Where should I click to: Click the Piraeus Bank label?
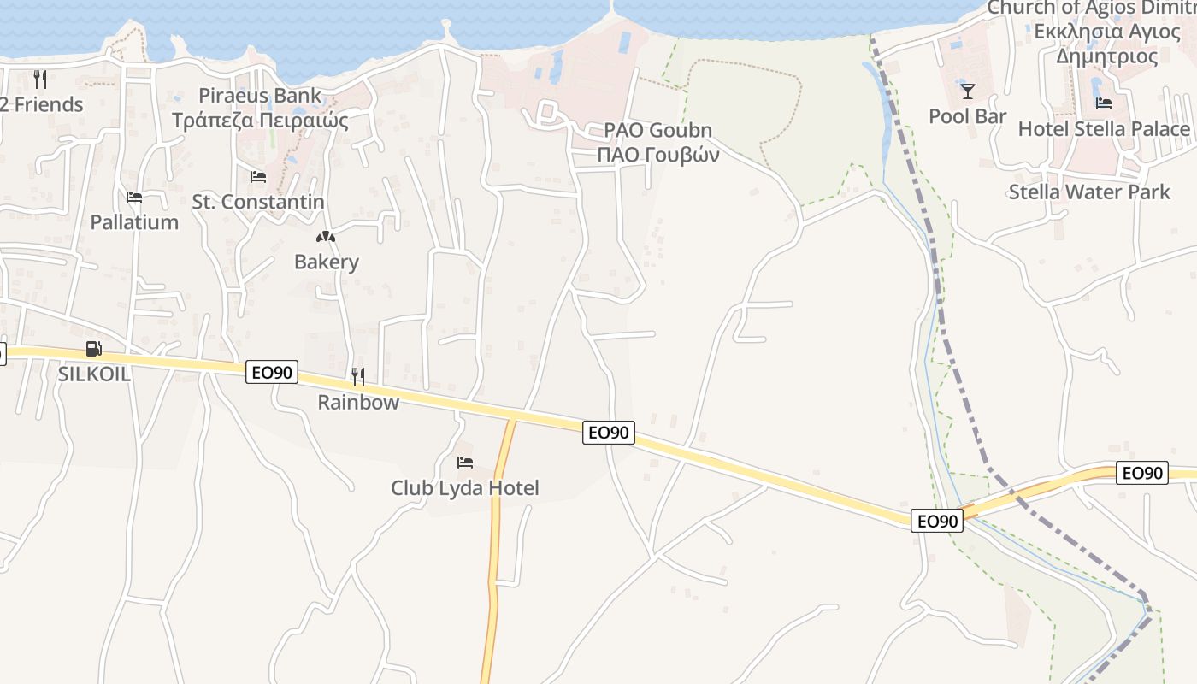tap(260, 95)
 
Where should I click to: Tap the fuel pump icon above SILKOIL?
tap(93, 349)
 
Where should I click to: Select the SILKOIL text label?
tap(93, 374)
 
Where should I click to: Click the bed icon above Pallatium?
tap(134, 198)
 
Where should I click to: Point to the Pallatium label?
tap(134, 222)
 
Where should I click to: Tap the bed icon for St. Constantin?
tap(257, 177)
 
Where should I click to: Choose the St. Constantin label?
tap(257, 202)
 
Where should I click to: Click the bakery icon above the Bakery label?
tap(326, 237)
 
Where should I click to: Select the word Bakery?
tap(326, 262)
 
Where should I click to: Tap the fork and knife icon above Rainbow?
tap(358, 376)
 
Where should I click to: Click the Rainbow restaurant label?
tap(358, 402)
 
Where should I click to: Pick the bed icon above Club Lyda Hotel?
tap(465, 463)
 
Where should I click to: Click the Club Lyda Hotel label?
tap(465, 488)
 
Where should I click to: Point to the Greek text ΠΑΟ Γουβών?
tap(657, 155)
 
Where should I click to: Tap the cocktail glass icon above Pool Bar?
tap(967, 91)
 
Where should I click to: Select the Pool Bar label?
tap(967, 115)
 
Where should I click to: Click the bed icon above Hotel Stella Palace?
tap(1104, 103)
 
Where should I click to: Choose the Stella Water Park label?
tap(1089, 192)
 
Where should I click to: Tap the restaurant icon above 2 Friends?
tap(40, 80)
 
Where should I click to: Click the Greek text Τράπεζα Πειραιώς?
tap(260, 120)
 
